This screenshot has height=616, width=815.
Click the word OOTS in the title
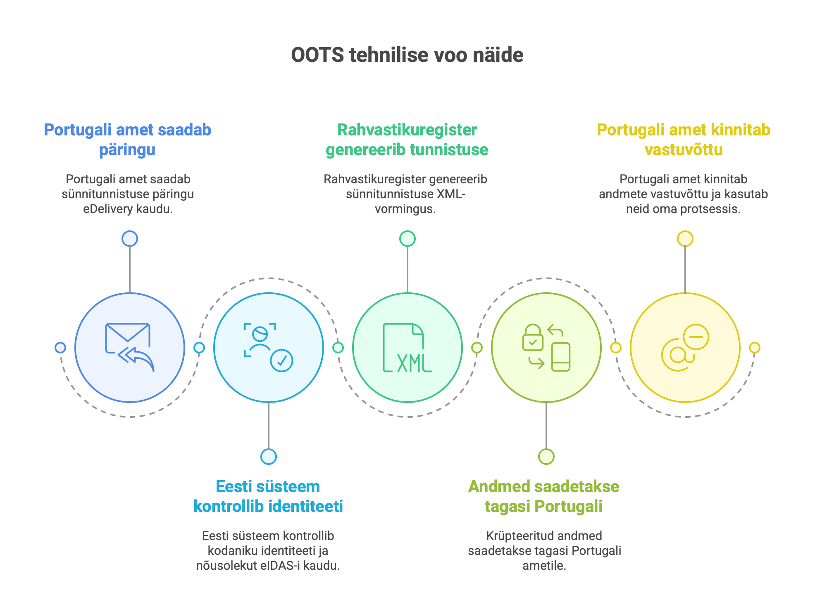click(x=317, y=55)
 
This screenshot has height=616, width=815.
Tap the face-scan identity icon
click(x=260, y=339)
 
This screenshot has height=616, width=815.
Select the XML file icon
click(x=407, y=348)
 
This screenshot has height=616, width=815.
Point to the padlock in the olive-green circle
click(x=533, y=337)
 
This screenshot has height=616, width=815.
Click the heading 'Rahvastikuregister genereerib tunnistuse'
click(x=407, y=140)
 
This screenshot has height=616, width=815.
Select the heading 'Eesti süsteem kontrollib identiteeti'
click(x=268, y=496)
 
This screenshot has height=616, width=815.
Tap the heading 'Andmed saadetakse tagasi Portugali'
click(x=544, y=496)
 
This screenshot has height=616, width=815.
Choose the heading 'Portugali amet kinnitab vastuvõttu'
click(x=684, y=140)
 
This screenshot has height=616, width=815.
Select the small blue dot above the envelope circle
click(x=130, y=239)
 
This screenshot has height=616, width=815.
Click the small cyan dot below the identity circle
click(x=269, y=457)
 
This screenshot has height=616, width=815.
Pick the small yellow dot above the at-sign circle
click(x=685, y=239)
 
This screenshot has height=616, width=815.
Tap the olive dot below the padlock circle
click(x=546, y=457)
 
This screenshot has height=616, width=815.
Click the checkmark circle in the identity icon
click(x=281, y=360)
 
